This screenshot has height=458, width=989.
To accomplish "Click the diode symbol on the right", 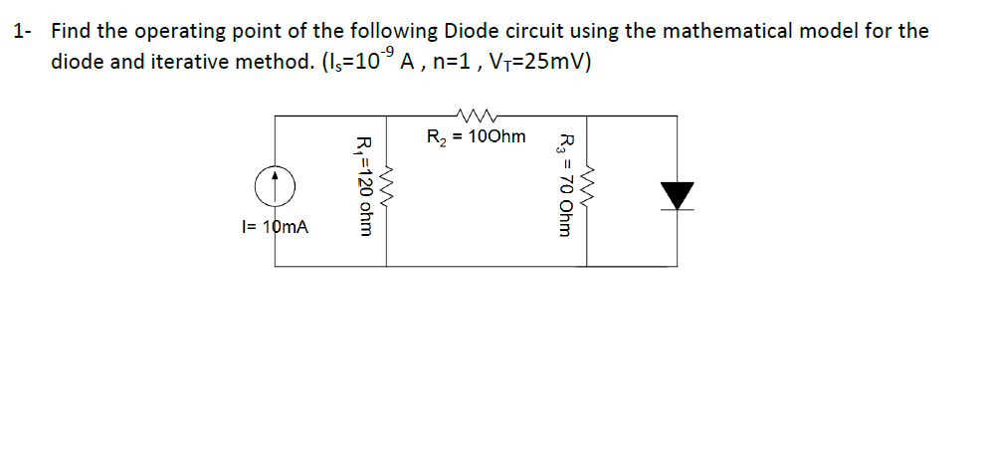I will (x=679, y=196).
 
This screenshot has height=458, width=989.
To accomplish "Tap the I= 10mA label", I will (x=276, y=227).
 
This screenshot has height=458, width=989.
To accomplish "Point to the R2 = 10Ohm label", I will (x=476, y=136).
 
